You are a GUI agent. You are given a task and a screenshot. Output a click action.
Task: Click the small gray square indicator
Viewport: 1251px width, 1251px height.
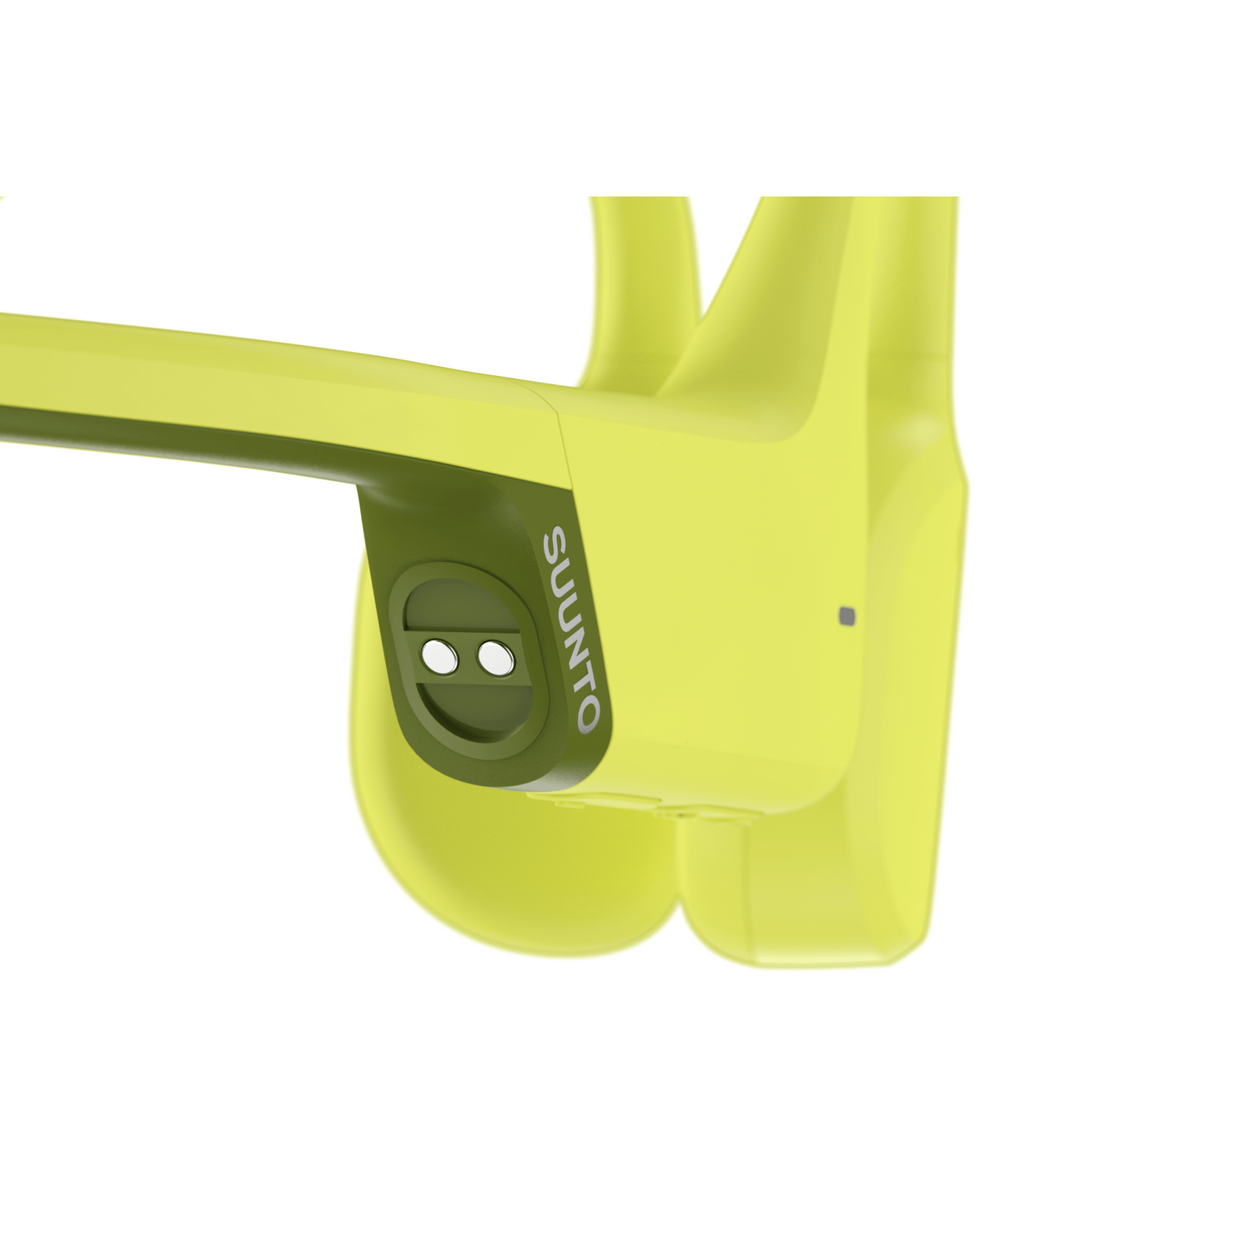point(847,615)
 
